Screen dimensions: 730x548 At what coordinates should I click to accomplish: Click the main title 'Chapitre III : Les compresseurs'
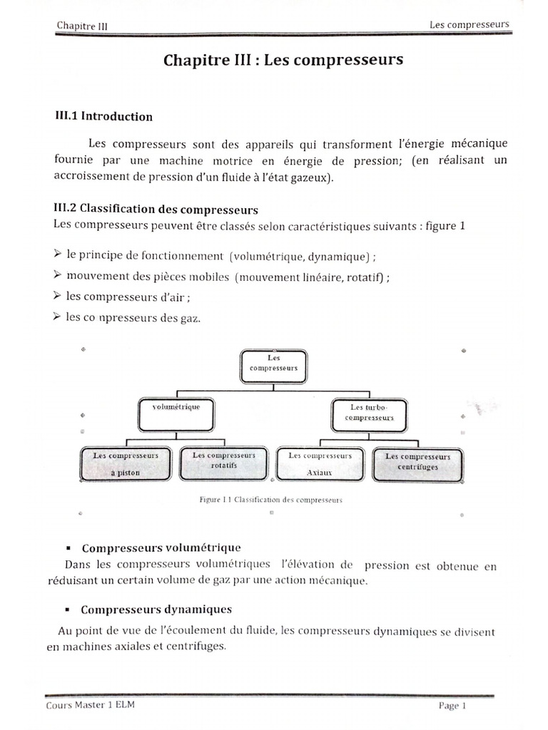283,61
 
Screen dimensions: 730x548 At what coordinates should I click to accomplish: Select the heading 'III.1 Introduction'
104,116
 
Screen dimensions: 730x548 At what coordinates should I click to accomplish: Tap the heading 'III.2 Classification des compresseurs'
156,210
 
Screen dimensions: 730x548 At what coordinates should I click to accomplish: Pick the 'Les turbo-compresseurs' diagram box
369,413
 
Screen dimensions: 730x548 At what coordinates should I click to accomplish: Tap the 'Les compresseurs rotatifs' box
223,461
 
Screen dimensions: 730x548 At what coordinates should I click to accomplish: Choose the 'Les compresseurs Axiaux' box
320,463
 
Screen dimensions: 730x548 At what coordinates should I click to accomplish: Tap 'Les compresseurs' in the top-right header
469,24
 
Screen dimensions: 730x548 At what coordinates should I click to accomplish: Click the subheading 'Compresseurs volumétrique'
161,548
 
